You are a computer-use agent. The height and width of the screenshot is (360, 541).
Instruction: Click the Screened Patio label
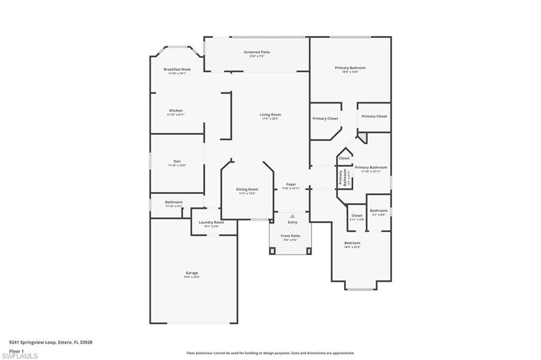point(257,52)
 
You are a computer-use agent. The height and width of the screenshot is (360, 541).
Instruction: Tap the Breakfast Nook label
point(177,69)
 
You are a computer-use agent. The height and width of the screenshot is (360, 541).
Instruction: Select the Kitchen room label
point(175,110)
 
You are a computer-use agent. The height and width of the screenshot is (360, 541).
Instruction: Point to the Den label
point(177,162)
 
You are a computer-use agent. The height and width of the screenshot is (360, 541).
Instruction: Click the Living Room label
point(270,115)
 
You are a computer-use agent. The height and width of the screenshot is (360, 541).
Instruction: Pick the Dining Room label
point(247,189)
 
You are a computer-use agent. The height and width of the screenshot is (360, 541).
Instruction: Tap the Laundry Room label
point(211,222)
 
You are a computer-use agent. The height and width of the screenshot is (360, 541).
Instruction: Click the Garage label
point(191,273)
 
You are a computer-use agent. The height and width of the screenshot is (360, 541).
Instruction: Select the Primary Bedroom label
point(350,68)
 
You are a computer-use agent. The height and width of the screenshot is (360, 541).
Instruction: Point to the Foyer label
point(291,184)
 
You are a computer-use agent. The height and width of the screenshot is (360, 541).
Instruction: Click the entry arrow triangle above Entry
point(292,216)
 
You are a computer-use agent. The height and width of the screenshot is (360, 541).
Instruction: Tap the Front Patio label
point(291,235)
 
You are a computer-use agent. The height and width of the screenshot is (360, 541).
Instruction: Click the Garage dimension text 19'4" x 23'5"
point(191,277)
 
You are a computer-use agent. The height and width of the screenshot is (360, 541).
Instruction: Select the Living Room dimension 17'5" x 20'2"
point(270,119)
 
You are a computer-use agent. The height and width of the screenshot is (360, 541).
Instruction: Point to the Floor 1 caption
point(17,350)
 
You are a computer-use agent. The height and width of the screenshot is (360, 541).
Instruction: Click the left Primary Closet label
point(325,118)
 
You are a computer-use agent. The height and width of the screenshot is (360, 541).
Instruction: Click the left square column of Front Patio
point(273,250)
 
